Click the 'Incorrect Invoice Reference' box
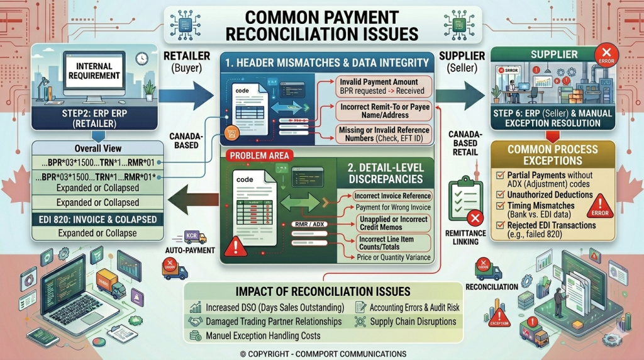(392, 196)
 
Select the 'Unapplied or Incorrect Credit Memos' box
(392, 223)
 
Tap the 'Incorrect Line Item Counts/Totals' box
(392, 244)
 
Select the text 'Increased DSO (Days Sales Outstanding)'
(275, 308)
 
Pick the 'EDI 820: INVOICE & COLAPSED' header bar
(94, 219)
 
